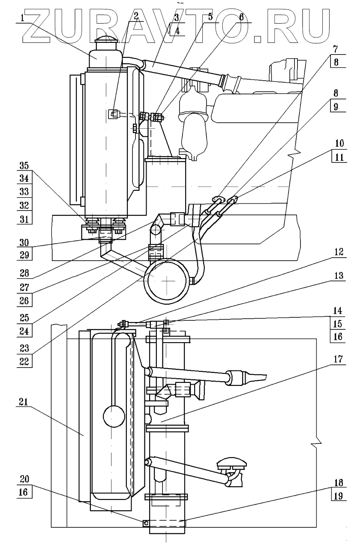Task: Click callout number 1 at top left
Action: click(x=23, y=18)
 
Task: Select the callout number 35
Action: click(x=24, y=166)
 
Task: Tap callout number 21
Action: click(x=24, y=402)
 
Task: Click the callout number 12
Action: click(x=339, y=252)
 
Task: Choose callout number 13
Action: click(x=339, y=276)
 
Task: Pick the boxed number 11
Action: click(x=339, y=157)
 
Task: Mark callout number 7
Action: click(x=336, y=49)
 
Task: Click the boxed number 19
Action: click(x=338, y=496)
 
